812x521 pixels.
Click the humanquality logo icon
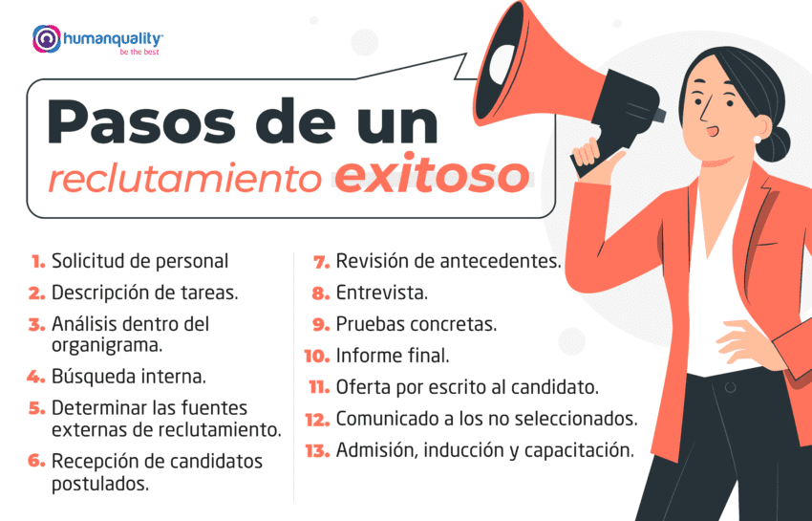[x=45, y=39]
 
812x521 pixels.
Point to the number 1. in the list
[x=38, y=261]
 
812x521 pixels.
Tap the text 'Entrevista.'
[x=382, y=293]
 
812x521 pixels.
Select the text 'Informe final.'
[x=393, y=356]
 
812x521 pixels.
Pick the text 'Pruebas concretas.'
[x=416, y=324]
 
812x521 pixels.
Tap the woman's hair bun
[x=775, y=143]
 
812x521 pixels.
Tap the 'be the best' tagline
[x=140, y=53]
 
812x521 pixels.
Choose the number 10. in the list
[x=316, y=356]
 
